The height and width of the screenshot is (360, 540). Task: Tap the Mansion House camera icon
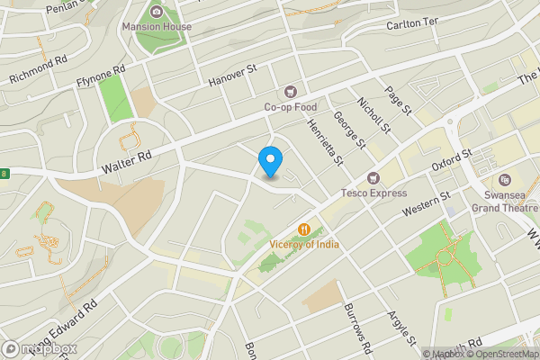point(157,11)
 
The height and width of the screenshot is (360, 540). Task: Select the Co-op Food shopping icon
point(290,91)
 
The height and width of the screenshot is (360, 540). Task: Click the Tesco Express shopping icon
point(372,177)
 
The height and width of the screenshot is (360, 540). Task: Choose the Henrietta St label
point(327,142)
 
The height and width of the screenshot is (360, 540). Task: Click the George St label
point(349,129)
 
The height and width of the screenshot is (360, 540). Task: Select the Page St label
point(397,100)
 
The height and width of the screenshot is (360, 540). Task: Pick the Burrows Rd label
point(356,328)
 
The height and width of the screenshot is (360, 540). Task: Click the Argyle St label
point(401,329)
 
